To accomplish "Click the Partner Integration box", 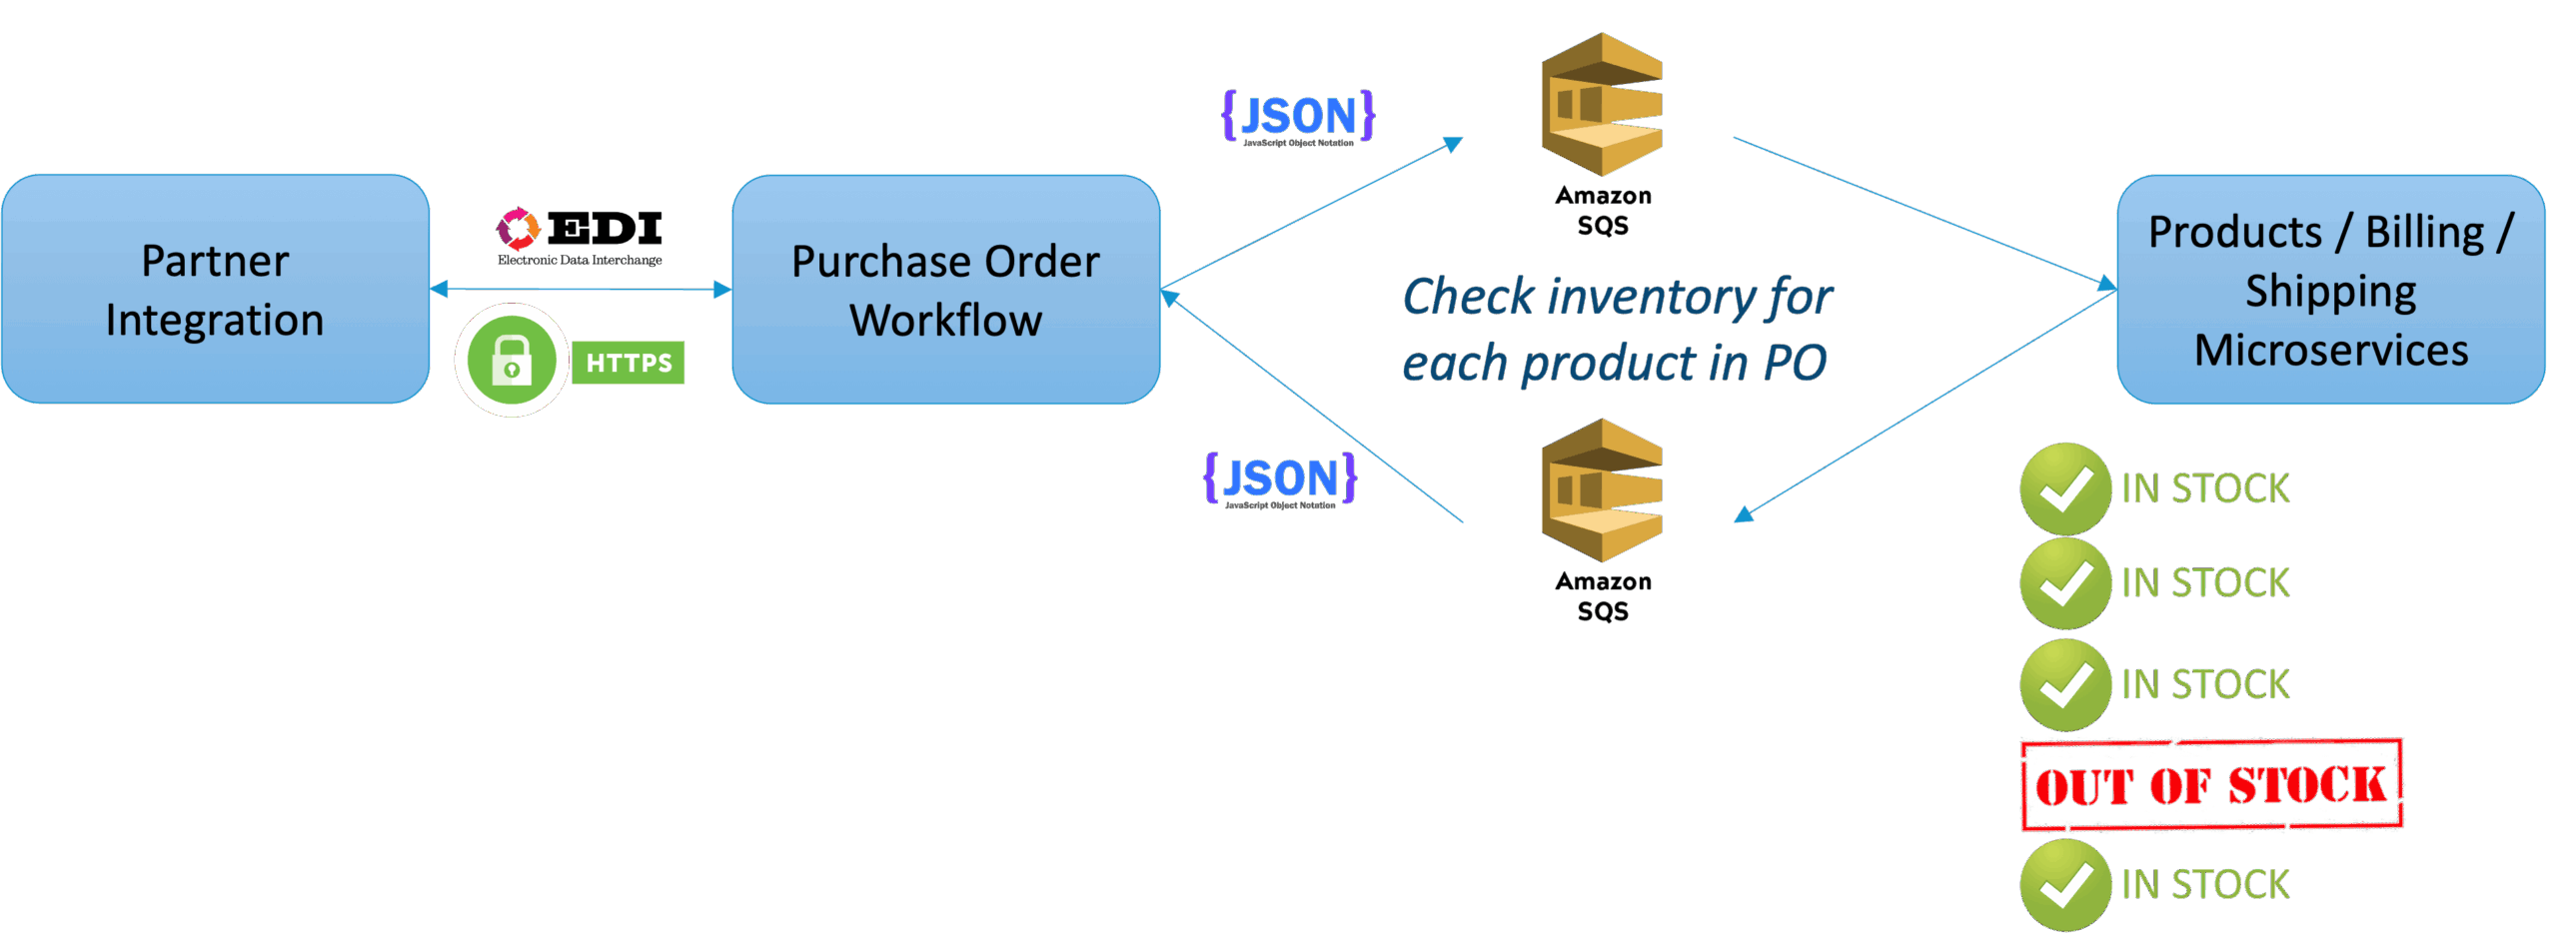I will (215, 289).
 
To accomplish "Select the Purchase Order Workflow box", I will (945, 289).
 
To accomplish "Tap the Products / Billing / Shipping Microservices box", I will (2330, 289).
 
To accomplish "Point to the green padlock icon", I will (512, 361).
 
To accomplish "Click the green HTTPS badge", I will (629, 363).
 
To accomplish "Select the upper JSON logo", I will (1298, 118).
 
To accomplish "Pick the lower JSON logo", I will (1280, 480).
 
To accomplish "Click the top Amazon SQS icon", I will (1601, 105).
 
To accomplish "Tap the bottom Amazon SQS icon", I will (1601, 490).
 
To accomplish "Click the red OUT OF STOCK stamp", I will (2211, 785).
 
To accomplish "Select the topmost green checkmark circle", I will (2064, 488).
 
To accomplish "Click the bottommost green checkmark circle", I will (2064, 884).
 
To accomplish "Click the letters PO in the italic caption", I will (1795, 363).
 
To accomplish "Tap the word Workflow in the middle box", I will (945, 321).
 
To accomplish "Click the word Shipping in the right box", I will (2330, 291).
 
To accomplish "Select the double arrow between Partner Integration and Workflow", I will (581, 290).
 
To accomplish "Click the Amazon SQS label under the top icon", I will (1603, 210).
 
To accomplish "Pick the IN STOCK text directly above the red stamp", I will (2205, 684).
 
